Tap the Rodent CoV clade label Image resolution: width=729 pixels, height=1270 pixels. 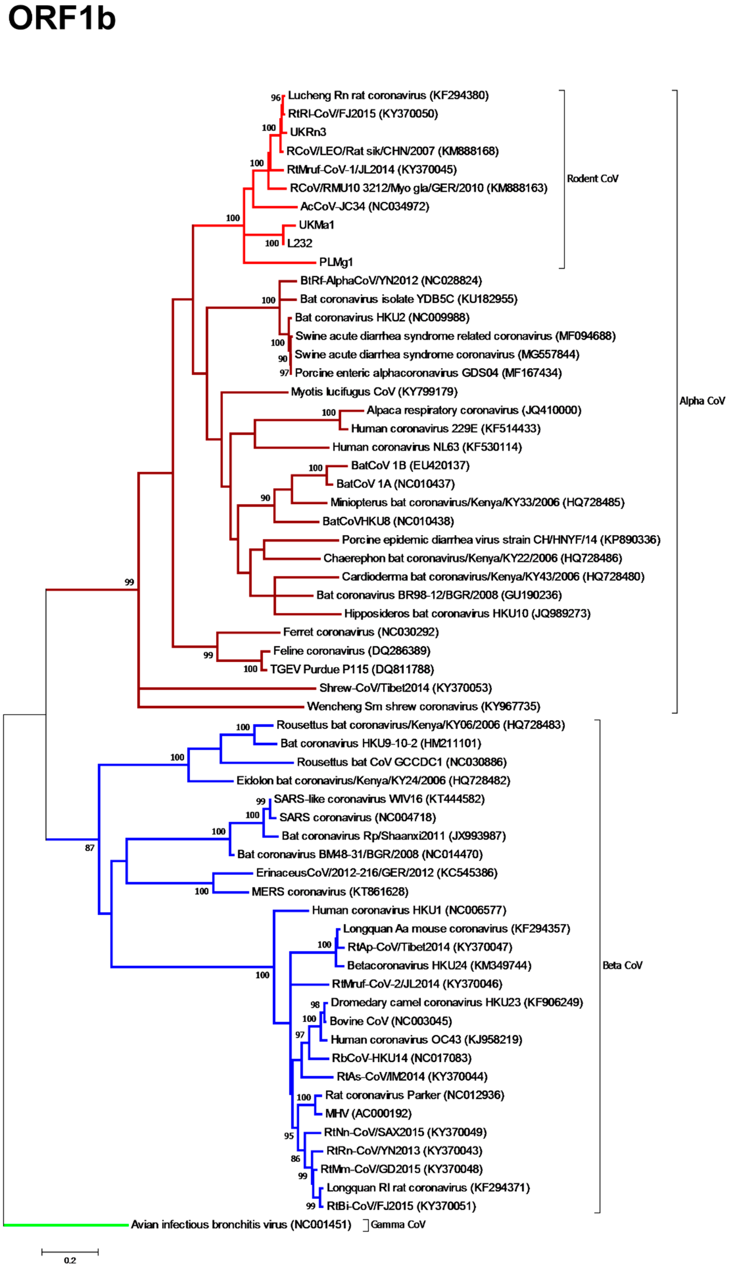[592, 179]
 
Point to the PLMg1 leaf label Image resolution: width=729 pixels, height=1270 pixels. [336, 262]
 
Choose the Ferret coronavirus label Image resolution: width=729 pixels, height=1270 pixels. [361, 632]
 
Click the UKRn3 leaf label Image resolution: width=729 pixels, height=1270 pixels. [308, 132]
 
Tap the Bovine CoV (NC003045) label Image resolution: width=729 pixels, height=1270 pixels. [391, 1021]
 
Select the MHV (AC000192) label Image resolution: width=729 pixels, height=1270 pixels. [368, 1113]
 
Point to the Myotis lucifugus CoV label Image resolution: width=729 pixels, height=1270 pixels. [374, 392]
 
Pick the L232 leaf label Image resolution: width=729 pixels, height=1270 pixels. [300, 243]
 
